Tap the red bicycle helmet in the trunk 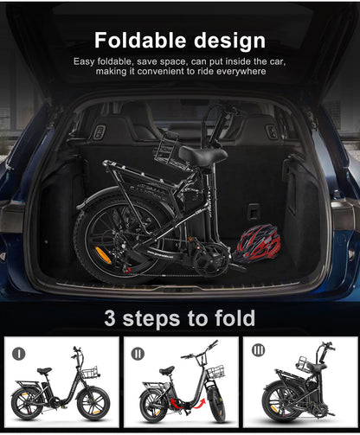[258, 241]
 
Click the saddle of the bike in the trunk [202, 155]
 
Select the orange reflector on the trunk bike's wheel [102, 254]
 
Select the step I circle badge [19, 353]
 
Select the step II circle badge [137, 353]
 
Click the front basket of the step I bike [90, 373]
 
